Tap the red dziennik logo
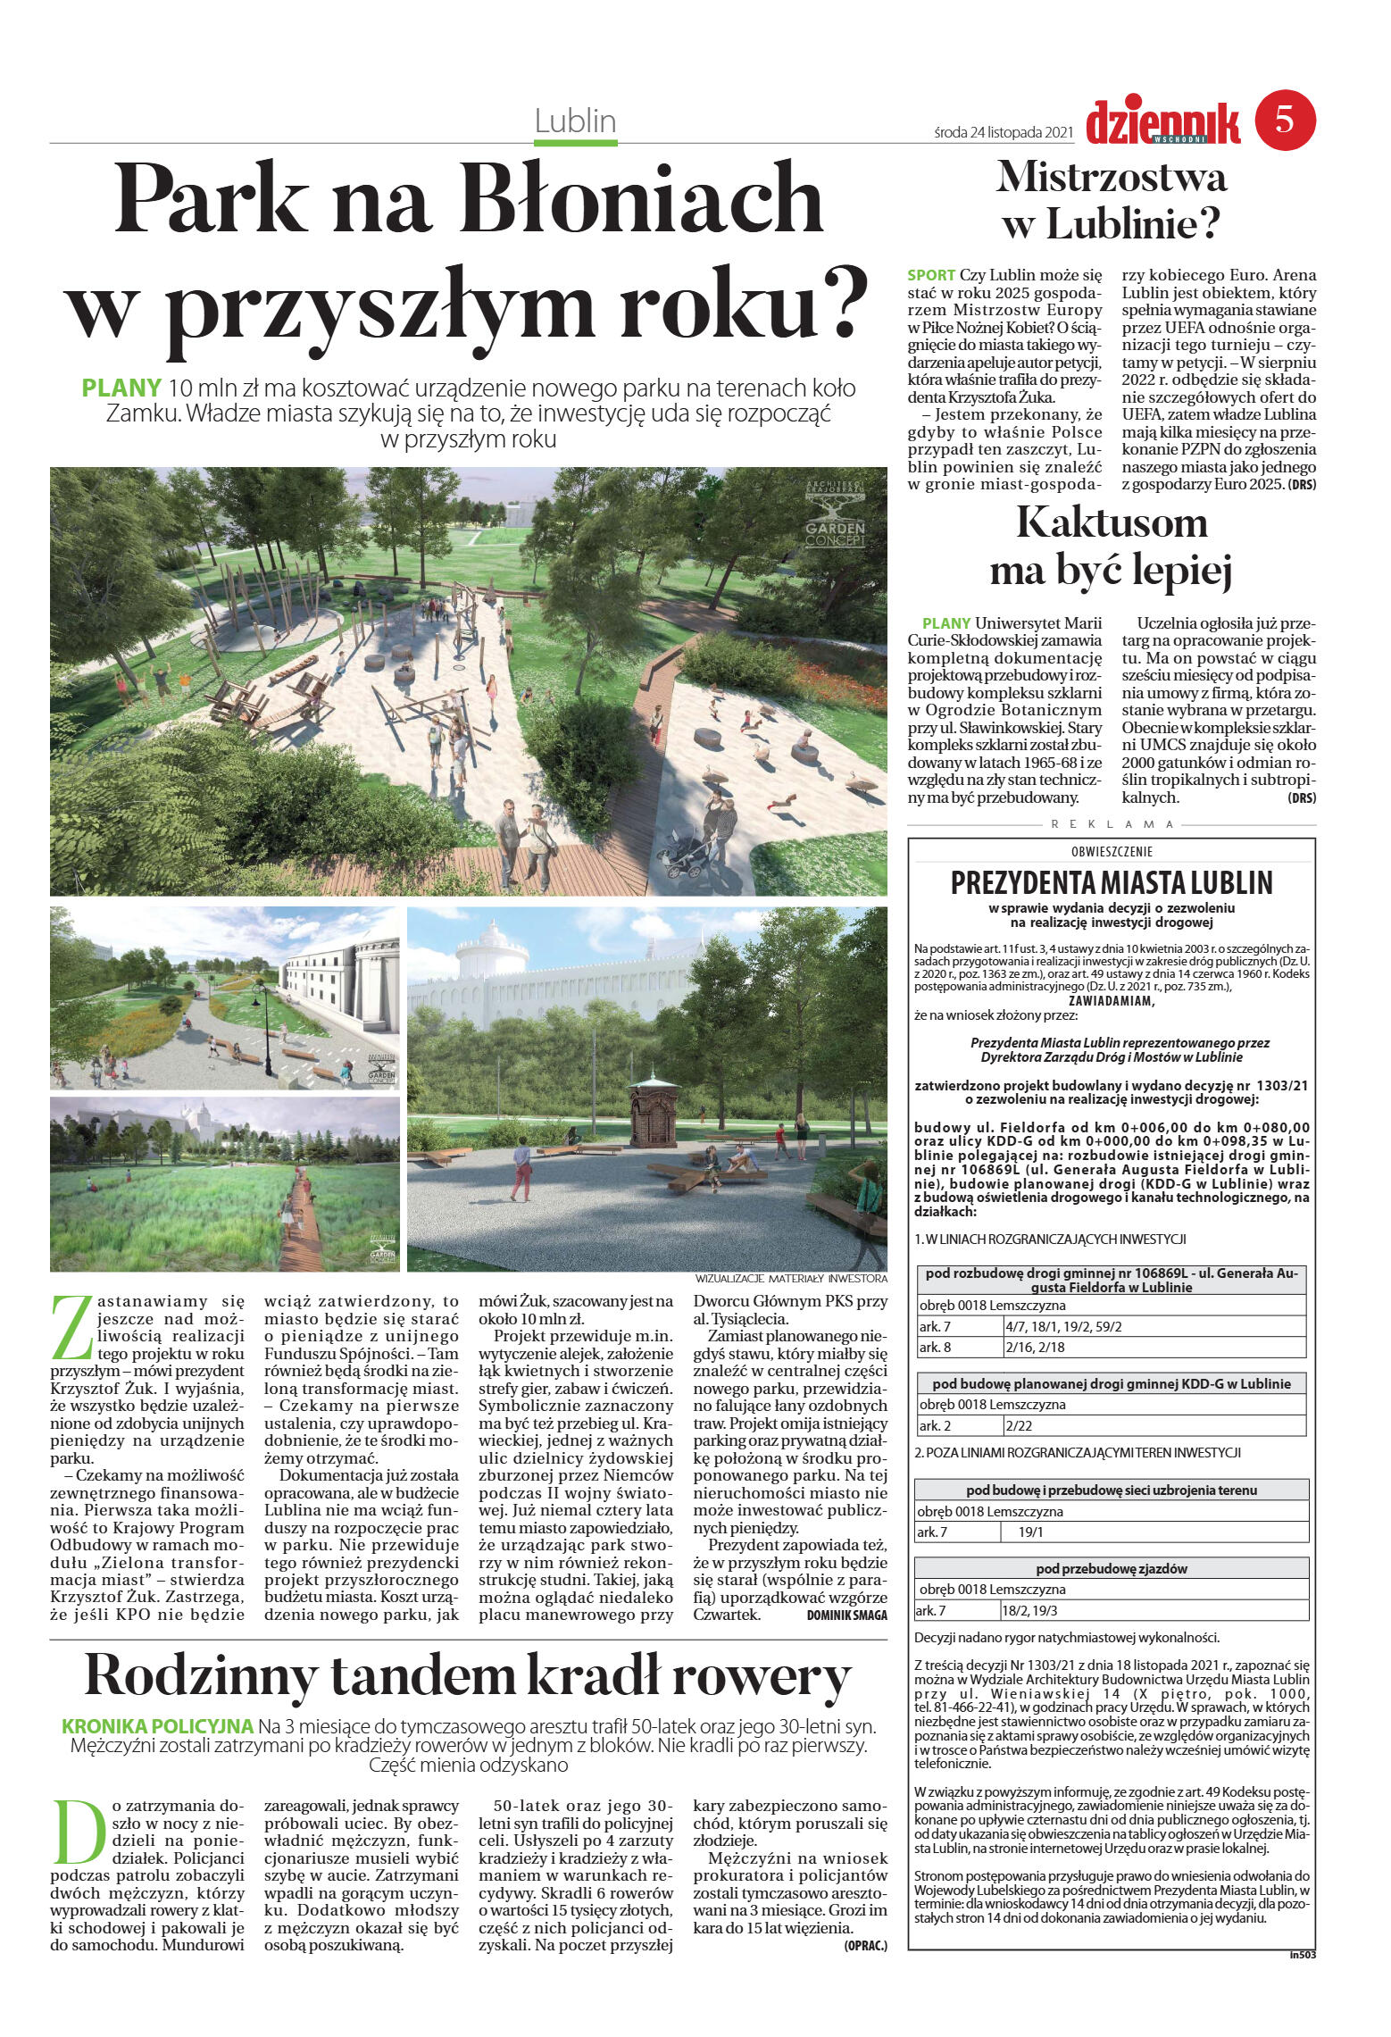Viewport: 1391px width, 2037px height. tap(1163, 122)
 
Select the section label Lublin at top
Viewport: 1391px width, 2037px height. tap(576, 121)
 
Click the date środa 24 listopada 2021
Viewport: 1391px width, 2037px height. tap(1002, 132)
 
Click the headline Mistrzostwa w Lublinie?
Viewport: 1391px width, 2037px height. tap(1111, 201)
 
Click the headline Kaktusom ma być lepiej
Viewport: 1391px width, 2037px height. tap(1111, 547)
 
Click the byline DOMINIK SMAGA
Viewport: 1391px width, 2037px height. tap(845, 1615)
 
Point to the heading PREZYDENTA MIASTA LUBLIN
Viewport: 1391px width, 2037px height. tap(1111, 883)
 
